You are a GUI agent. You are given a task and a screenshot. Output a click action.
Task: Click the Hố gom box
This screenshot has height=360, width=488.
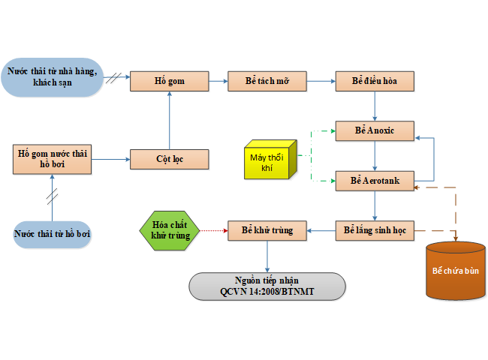coord(169,81)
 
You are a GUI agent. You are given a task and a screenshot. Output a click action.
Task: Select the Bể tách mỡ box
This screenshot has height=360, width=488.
coord(267,81)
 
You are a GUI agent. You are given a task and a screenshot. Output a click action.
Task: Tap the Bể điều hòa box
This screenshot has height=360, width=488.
coord(375,81)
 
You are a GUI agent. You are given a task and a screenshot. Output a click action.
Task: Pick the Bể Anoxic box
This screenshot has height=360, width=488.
coord(375,130)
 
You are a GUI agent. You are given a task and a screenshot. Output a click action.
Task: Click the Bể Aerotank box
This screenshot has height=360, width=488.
coord(375,181)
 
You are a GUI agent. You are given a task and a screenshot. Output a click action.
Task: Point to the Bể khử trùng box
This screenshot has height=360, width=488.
coord(267,230)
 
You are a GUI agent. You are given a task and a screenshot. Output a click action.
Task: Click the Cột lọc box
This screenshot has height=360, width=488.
coord(169,159)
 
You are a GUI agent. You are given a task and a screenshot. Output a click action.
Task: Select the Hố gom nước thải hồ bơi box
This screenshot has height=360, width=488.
coord(53,158)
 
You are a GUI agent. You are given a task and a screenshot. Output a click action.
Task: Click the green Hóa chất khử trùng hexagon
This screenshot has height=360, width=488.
coord(170,230)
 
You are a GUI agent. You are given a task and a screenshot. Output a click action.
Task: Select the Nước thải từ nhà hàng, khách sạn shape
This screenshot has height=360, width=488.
coord(52,76)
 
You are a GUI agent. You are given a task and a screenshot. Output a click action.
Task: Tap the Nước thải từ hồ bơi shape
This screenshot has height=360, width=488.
coord(53,234)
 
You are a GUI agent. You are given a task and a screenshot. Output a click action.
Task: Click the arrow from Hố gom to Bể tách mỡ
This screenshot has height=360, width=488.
coord(218,81)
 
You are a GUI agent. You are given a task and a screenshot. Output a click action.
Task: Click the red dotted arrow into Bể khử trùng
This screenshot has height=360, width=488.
coord(215,230)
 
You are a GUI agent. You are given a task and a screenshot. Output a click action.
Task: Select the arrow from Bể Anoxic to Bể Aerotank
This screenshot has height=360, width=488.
coord(375,155)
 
